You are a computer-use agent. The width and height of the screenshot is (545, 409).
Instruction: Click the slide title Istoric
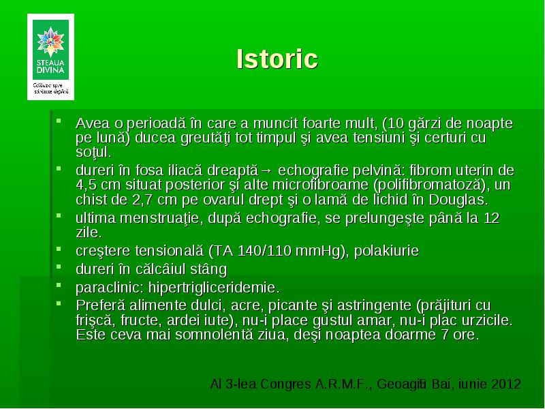(x=277, y=59)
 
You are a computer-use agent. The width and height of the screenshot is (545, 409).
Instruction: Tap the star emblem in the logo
(x=50, y=42)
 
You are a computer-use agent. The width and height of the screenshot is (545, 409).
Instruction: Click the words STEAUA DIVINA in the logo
(x=50, y=66)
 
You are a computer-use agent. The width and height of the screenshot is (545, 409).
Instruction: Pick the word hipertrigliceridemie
(x=214, y=288)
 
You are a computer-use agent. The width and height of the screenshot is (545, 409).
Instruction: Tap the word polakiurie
(x=386, y=251)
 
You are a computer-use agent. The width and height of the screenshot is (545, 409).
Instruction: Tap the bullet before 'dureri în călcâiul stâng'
(x=59, y=267)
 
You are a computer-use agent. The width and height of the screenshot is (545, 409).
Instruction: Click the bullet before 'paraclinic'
(x=59, y=286)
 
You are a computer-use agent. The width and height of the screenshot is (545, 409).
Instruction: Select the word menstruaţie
(x=159, y=218)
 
